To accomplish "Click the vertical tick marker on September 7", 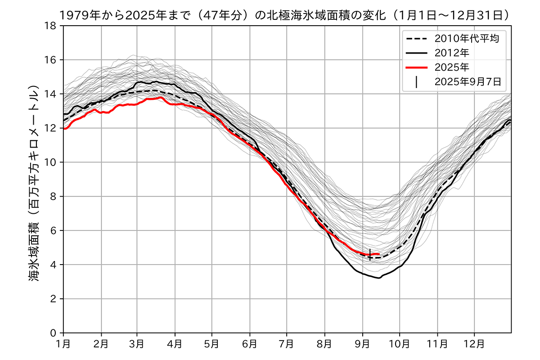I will click(x=370, y=255).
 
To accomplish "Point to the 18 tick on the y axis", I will click(x=53, y=26).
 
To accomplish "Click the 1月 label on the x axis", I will click(x=63, y=344).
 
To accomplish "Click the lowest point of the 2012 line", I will click(x=379, y=278).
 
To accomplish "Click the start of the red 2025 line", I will click(x=64, y=129).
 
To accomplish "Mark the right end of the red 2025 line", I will click(x=379, y=254).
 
